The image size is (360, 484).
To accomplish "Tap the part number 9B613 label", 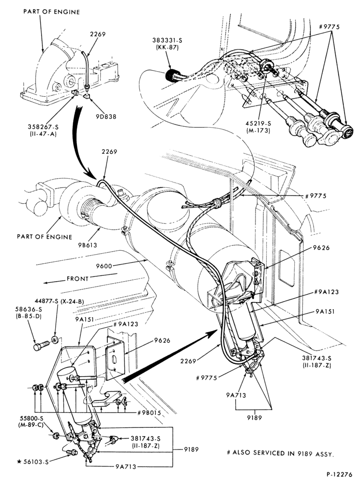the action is click(x=87, y=245).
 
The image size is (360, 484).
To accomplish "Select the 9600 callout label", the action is click(x=104, y=266).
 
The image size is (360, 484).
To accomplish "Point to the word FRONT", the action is click(x=77, y=278).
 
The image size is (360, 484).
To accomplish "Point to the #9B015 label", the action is click(x=149, y=413).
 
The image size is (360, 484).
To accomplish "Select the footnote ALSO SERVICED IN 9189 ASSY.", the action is click(x=281, y=453).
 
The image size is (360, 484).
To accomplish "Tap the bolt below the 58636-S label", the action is click(x=41, y=346).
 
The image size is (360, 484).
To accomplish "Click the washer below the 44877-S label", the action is click(x=55, y=340).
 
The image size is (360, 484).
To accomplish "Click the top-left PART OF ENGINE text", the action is click(x=51, y=12).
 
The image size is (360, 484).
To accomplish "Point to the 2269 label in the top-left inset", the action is click(x=98, y=34).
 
